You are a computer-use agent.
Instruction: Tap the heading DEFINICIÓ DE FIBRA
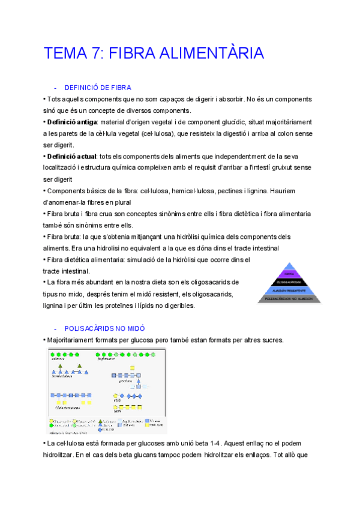click(97, 88)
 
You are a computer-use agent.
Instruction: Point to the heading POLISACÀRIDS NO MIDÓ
click(104, 329)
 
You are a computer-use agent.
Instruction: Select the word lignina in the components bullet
click(241, 191)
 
